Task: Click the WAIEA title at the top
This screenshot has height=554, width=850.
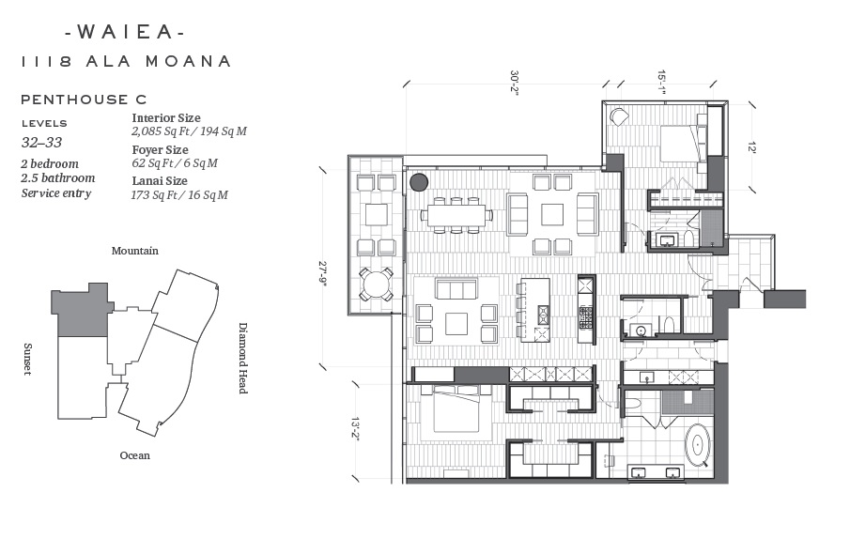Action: pyautogui.click(x=125, y=32)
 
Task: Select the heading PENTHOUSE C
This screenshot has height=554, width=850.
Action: pyautogui.click(x=84, y=100)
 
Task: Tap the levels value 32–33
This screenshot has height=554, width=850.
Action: pyautogui.click(x=41, y=142)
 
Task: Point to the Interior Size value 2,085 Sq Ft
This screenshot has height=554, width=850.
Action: pyautogui.click(x=161, y=131)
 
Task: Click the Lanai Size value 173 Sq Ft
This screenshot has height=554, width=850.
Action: pyautogui.click(x=156, y=194)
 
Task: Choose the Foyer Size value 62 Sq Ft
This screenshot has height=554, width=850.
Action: pyautogui.click(x=153, y=163)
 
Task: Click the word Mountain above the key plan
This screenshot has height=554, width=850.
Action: pyautogui.click(x=135, y=251)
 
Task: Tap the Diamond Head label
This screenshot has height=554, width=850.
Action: pyautogui.click(x=243, y=359)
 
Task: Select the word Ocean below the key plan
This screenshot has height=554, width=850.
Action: pyautogui.click(x=135, y=455)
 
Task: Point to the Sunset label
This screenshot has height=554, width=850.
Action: pyautogui.click(x=27, y=359)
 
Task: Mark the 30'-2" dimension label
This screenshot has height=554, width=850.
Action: pyautogui.click(x=514, y=83)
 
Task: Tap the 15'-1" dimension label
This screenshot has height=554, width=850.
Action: pyautogui.click(x=661, y=83)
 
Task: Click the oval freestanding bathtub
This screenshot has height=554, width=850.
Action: pyautogui.click(x=698, y=446)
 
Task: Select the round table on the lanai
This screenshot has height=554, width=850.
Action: pyautogui.click(x=376, y=285)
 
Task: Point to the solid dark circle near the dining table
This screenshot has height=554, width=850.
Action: pyautogui.click(x=419, y=182)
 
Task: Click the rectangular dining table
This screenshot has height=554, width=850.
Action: pyautogui.click(x=456, y=215)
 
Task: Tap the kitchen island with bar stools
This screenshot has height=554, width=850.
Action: pyautogui.click(x=535, y=310)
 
